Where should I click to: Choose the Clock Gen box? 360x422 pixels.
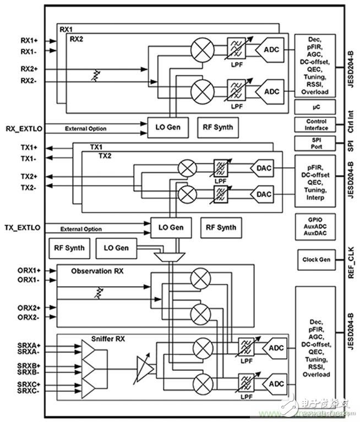coord(316,259)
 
